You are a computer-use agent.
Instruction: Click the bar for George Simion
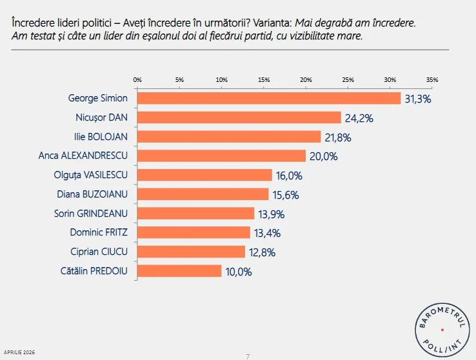(x=269, y=98)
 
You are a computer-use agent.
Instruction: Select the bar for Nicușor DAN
(x=239, y=117)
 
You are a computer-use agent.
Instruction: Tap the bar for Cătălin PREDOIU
(x=179, y=271)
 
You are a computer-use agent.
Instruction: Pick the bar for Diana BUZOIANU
(x=203, y=194)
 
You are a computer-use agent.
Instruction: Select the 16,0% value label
(x=288, y=175)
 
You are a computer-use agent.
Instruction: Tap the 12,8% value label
(x=261, y=252)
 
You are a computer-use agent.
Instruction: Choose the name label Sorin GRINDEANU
(x=90, y=213)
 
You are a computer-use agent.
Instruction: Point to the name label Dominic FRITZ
(x=99, y=232)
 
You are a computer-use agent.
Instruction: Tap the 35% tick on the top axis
(x=432, y=79)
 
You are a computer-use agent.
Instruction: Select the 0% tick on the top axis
(x=137, y=79)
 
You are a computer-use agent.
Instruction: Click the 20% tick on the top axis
(x=306, y=79)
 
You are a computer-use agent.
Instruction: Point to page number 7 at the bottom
(x=248, y=355)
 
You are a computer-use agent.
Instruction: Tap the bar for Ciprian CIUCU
(x=191, y=252)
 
